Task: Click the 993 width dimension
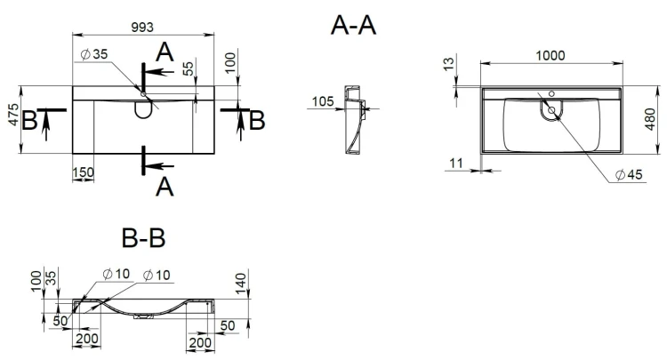142,28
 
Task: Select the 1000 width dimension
550,56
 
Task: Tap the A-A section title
353,26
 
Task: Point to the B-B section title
143,238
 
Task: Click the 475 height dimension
14,115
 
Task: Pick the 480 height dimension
650,119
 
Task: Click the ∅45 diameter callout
629,174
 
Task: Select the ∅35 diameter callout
94,54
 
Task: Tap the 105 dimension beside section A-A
323,101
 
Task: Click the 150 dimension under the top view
83,172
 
